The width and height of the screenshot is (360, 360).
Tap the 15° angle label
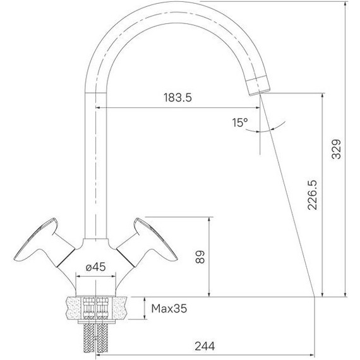pos(240,123)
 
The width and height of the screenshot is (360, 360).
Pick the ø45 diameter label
pos(95,267)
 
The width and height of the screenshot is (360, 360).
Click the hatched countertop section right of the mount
pos(123,308)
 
